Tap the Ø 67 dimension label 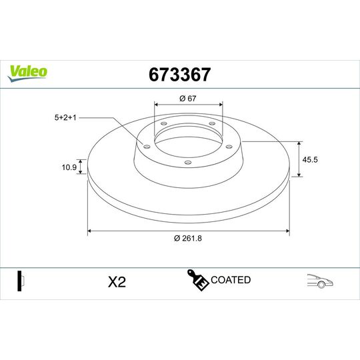pyautogui.click(x=188, y=99)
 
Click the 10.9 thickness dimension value pyautogui.click(x=67, y=167)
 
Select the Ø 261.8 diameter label pyautogui.click(x=187, y=239)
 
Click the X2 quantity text pyautogui.click(x=117, y=282)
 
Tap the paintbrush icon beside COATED pyautogui.click(x=197, y=281)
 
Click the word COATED pyautogui.click(x=231, y=280)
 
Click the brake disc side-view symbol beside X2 pyautogui.click(x=21, y=281)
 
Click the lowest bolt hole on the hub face pyautogui.click(x=187, y=162)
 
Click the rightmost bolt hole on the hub pyautogui.click(x=228, y=147)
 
